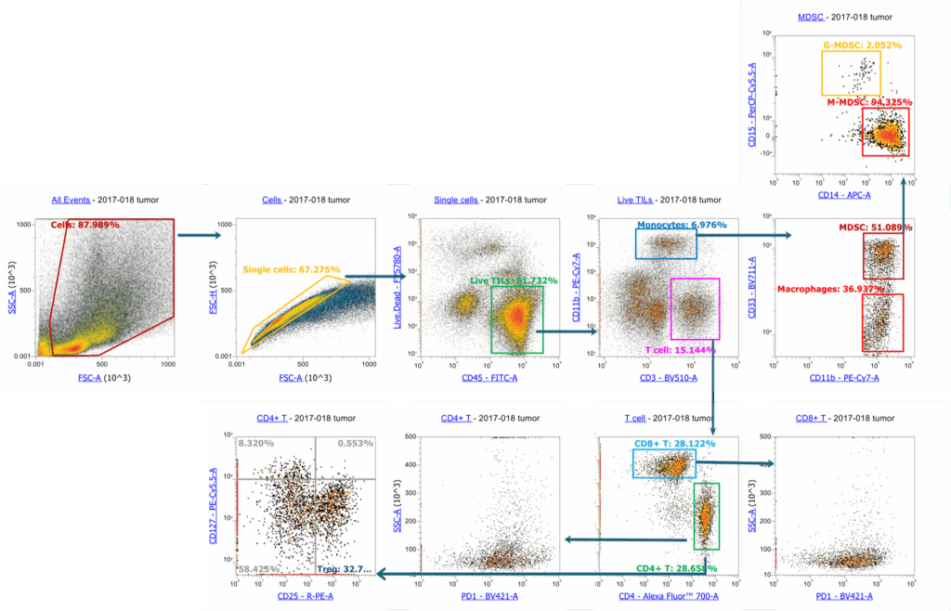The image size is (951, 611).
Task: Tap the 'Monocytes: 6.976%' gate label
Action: (680, 226)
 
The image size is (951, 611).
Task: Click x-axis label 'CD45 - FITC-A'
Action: (489, 378)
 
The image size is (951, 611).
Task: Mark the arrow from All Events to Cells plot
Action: (199, 235)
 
